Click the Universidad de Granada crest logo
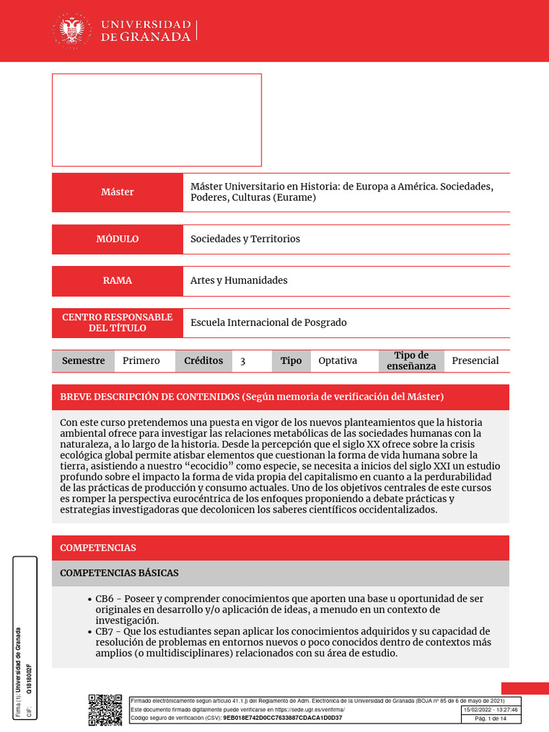pos(71,31)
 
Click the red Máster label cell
pos(117,192)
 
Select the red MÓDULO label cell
pos(117,239)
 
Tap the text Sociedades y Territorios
pos(245,239)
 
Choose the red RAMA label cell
pos(117,280)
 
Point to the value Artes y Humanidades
pos(239,280)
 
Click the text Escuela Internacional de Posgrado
pos(268,322)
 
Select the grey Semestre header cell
pos(83,361)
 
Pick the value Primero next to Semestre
pos(141,361)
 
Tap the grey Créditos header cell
pos(203,361)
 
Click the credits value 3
pos(243,362)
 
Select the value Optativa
pos(337,361)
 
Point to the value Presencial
pos(475,361)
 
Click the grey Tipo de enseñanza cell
pos(411,361)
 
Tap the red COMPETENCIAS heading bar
pos(280,548)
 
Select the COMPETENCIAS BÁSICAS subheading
pos(119,573)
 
